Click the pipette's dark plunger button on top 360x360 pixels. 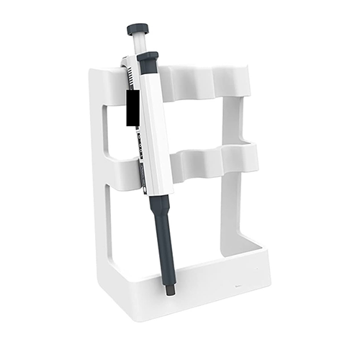(138, 29)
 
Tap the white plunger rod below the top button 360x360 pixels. (138, 43)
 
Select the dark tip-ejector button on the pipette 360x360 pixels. (148, 57)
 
